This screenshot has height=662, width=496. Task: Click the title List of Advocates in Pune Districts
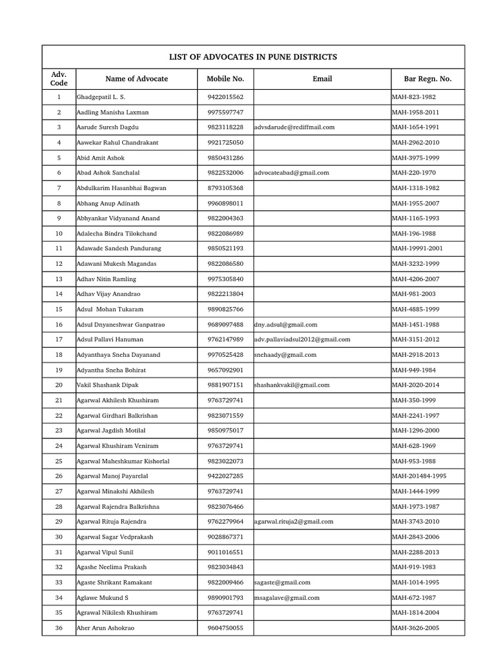[x=253, y=57]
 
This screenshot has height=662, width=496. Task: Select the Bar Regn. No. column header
[x=428, y=79]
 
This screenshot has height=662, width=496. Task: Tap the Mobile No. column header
[x=225, y=79]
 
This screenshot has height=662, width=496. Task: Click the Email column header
[x=322, y=79]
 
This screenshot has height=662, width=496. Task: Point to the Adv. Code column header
[x=59, y=79]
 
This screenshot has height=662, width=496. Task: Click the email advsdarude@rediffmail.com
[x=294, y=127]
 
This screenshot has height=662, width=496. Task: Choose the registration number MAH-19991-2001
[x=422, y=248]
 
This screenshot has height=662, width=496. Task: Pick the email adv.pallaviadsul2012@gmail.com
[x=302, y=339]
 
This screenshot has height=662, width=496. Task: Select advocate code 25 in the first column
[x=59, y=461]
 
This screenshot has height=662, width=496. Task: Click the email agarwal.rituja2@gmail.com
[x=294, y=521]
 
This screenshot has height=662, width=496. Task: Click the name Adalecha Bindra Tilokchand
[x=116, y=233]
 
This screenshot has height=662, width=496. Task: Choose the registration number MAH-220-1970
[x=414, y=173]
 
